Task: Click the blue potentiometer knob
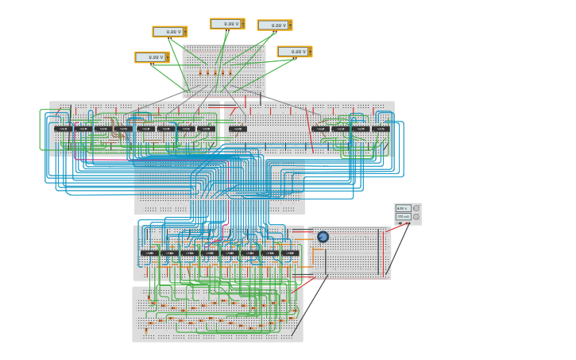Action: pyautogui.click(x=323, y=237)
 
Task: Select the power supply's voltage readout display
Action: pyautogui.click(x=403, y=208)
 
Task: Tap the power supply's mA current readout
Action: pyautogui.click(x=403, y=216)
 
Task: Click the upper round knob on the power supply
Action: pyautogui.click(x=416, y=208)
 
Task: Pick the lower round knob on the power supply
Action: pyautogui.click(x=416, y=217)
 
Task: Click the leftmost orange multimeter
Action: pyautogui.click(x=151, y=57)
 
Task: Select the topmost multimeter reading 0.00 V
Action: pyautogui.click(x=227, y=24)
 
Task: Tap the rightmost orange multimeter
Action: pyautogui.click(x=294, y=52)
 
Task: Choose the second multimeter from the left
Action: pyautogui.click(x=169, y=32)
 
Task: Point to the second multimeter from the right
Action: pyautogui.click(x=274, y=25)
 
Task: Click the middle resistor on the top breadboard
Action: pyautogui.click(x=215, y=73)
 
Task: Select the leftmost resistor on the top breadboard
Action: pyautogui.click(x=200, y=73)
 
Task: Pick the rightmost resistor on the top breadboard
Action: pyautogui.click(x=230, y=73)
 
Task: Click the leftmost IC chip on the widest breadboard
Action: pyautogui.click(x=63, y=129)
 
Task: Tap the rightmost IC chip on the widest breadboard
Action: pyautogui.click(x=381, y=129)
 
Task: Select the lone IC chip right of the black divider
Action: pyautogui.click(x=238, y=129)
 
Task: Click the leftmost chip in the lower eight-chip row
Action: pyautogui.click(x=149, y=254)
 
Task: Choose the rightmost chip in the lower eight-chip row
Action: pyautogui.click(x=290, y=254)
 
